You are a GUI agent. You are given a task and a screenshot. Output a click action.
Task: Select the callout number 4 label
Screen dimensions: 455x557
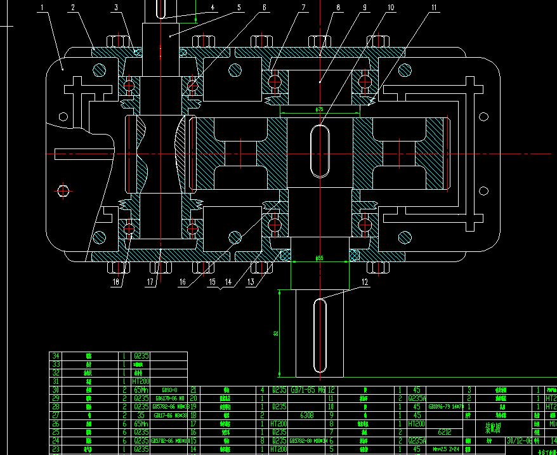(213, 8)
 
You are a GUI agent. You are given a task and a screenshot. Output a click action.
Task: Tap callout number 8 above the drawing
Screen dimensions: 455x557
(338, 8)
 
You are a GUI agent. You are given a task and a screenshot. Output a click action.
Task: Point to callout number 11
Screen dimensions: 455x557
(434, 8)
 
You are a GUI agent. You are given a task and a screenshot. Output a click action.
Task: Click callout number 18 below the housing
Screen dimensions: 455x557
(116, 283)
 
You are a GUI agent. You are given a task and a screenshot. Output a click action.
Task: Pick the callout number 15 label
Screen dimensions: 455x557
(212, 282)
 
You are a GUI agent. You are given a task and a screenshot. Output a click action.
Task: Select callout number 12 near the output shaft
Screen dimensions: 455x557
(365, 283)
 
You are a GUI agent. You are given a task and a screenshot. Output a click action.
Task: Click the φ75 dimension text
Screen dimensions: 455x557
(320, 109)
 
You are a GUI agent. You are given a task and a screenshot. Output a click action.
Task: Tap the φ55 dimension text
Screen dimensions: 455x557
(320, 258)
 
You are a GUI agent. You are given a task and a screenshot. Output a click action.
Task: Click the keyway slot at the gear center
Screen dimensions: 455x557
(320, 151)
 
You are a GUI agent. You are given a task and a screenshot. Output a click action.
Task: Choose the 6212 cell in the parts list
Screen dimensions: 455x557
(444, 432)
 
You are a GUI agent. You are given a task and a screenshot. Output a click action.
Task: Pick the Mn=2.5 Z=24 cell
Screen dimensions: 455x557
(445, 449)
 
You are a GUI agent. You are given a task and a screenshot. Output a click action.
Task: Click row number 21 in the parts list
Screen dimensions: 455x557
(193, 390)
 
